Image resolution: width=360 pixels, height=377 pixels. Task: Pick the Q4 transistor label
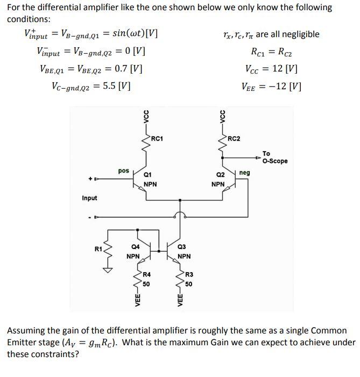tap(135, 247)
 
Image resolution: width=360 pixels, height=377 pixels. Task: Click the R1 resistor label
tap(98, 248)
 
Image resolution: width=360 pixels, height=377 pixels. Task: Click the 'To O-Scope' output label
tap(275, 157)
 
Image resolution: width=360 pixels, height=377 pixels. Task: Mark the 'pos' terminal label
tap(123, 170)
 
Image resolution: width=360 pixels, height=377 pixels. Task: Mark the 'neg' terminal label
tap(245, 173)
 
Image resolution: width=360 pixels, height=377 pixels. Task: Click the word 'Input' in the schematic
tap(89, 198)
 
